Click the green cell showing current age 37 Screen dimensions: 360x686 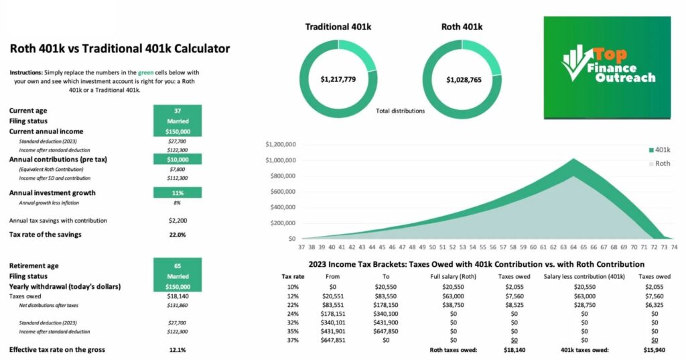click(x=178, y=111)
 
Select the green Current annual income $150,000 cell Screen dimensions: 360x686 click(x=178, y=131)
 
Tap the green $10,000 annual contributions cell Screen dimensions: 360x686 click(x=178, y=160)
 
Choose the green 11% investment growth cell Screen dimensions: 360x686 click(x=178, y=192)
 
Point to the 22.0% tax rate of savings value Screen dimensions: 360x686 click(x=178, y=234)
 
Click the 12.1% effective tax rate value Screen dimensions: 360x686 click(x=178, y=349)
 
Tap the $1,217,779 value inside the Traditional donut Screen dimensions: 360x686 click(x=338, y=80)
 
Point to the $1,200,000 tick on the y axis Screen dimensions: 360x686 click(x=281, y=144)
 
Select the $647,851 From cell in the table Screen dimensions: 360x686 click(x=333, y=340)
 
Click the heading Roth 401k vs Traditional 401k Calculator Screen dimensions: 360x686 click(x=120, y=48)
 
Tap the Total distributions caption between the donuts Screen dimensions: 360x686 click(x=400, y=111)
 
